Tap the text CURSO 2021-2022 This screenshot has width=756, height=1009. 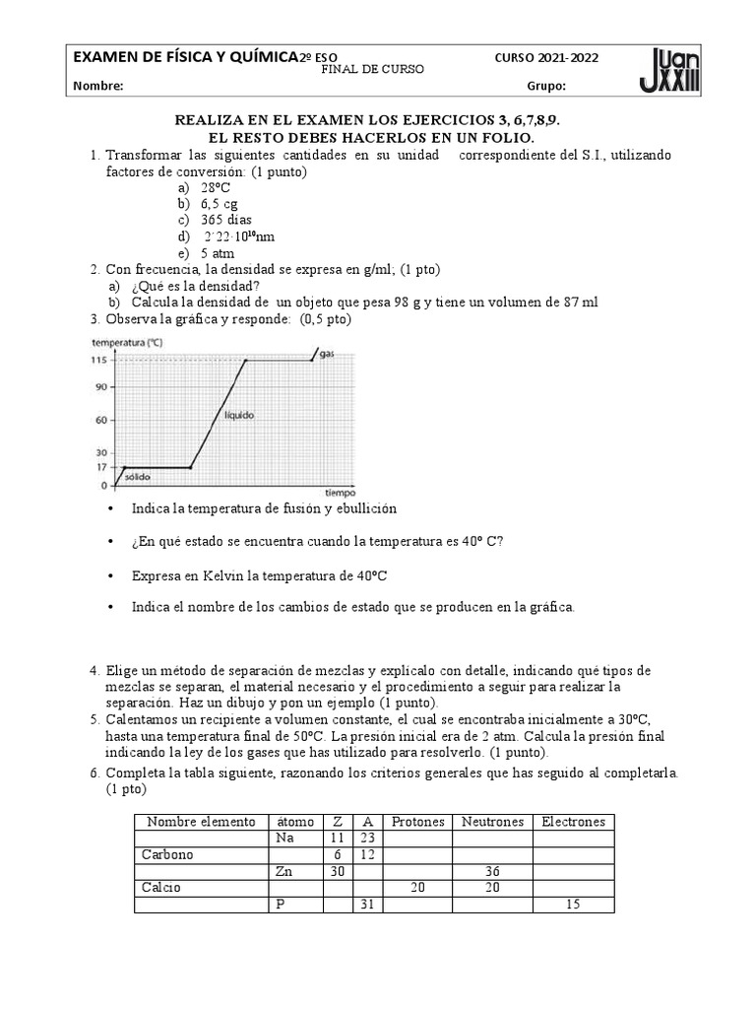(545, 58)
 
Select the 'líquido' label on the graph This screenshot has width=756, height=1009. (238, 416)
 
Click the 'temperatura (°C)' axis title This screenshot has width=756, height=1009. (127, 343)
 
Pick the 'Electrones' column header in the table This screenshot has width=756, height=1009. (573, 822)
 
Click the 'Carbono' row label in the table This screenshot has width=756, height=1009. (168, 854)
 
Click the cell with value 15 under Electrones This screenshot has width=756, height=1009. (573, 905)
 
